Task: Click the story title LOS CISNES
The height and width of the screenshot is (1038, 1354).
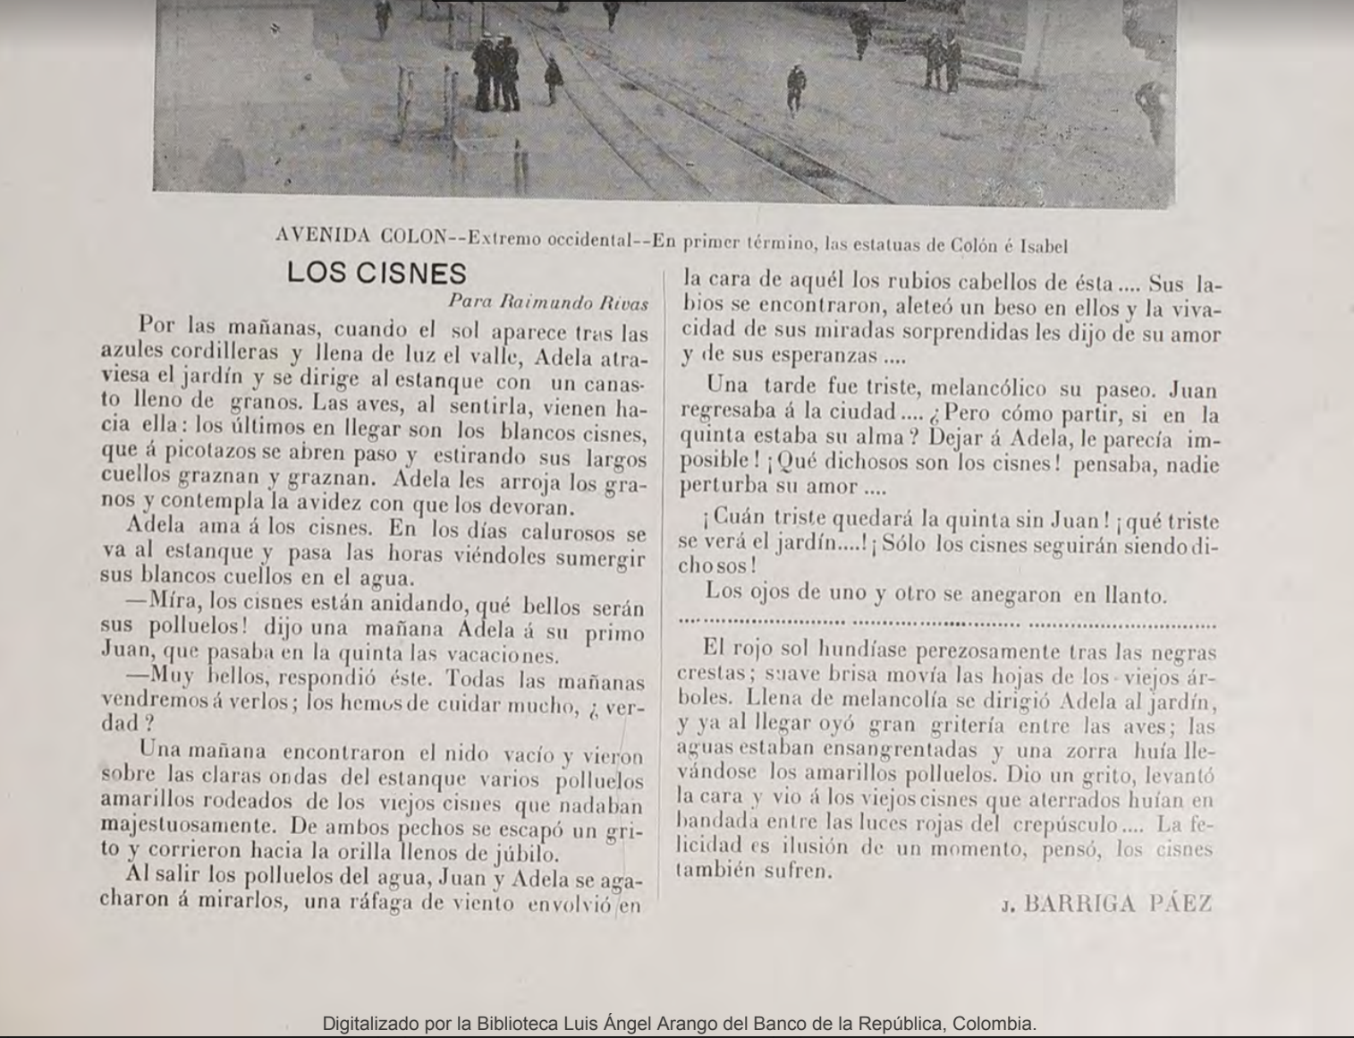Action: (x=377, y=274)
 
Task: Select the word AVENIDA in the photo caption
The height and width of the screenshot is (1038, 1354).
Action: (x=323, y=236)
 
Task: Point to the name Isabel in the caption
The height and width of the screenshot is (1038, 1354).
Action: (x=1041, y=245)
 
